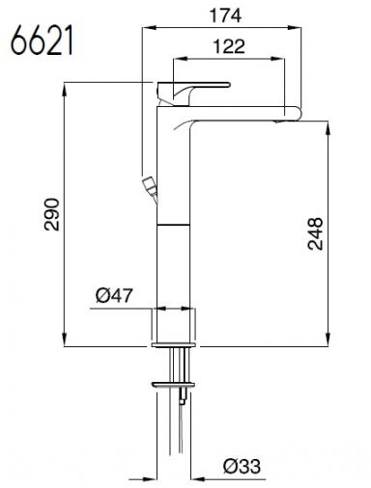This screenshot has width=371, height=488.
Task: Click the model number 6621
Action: point(42,41)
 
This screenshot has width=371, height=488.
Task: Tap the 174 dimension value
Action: point(225,15)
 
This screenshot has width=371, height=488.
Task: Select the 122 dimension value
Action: point(229,46)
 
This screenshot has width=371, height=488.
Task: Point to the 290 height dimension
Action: point(52,214)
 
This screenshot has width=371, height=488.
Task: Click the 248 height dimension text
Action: point(315,233)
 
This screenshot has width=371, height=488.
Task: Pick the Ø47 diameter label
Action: point(114,295)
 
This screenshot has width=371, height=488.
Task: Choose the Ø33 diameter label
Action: point(243,466)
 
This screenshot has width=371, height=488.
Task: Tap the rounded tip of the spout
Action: point(296,114)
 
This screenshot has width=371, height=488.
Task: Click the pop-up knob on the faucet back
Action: point(149,187)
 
